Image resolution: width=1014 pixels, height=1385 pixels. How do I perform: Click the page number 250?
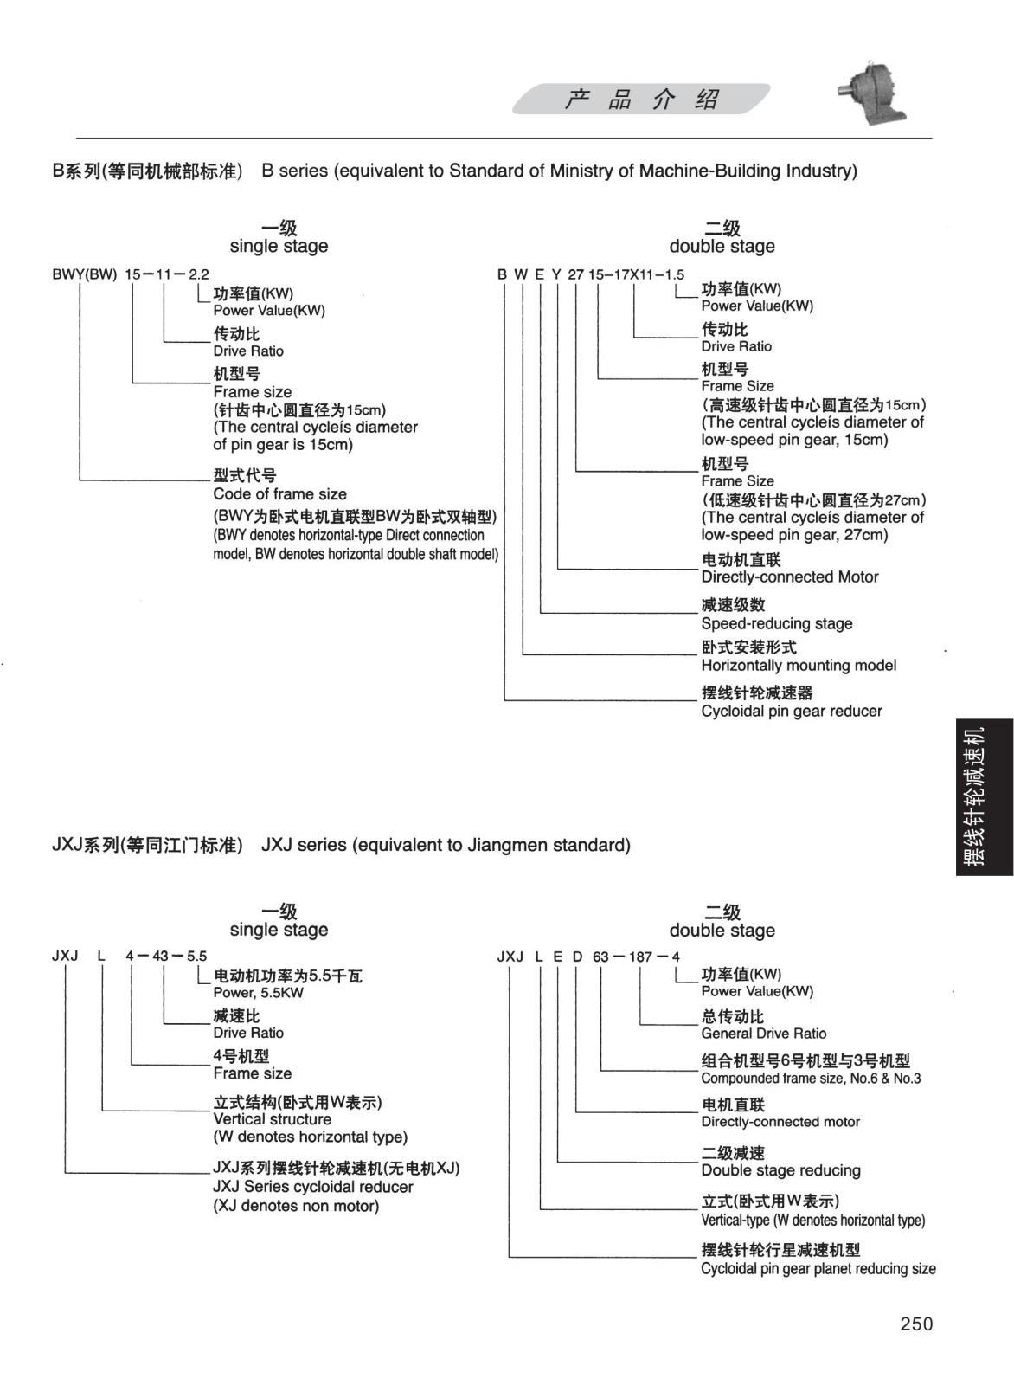click(916, 1324)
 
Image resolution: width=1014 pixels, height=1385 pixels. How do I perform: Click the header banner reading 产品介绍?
click(641, 100)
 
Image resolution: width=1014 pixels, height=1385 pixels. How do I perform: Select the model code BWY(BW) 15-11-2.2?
click(130, 274)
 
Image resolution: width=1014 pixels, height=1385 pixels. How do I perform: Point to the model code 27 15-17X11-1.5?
click(626, 274)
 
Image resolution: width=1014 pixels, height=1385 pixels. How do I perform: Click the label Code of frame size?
click(279, 494)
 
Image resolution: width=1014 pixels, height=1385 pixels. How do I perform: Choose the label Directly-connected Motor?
click(789, 577)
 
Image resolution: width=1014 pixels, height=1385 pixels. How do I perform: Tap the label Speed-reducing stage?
click(776, 623)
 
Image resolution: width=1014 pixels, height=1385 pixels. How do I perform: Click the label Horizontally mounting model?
click(798, 666)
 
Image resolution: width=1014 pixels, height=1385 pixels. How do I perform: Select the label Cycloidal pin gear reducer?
click(791, 712)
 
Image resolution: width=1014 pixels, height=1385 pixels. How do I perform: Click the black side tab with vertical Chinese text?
click(985, 796)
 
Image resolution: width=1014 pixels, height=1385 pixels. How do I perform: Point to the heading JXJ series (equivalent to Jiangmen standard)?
click(446, 845)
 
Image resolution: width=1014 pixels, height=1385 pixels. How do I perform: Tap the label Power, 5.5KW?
click(258, 993)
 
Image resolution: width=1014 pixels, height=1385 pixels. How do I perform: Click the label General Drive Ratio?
click(763, 1034)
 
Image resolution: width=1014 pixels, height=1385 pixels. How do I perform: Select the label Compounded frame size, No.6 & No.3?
click(811, 1079)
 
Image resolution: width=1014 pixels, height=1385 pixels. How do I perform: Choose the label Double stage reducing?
click(780, 1170)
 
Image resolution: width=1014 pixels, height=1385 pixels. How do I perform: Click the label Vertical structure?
click(272, 1119)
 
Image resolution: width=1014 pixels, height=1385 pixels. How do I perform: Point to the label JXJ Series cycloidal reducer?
click(312, 1187)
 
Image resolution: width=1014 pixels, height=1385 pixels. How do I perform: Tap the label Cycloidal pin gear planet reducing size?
click(818, 1269)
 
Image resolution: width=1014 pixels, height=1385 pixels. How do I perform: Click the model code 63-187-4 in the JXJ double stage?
click(636, 957)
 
